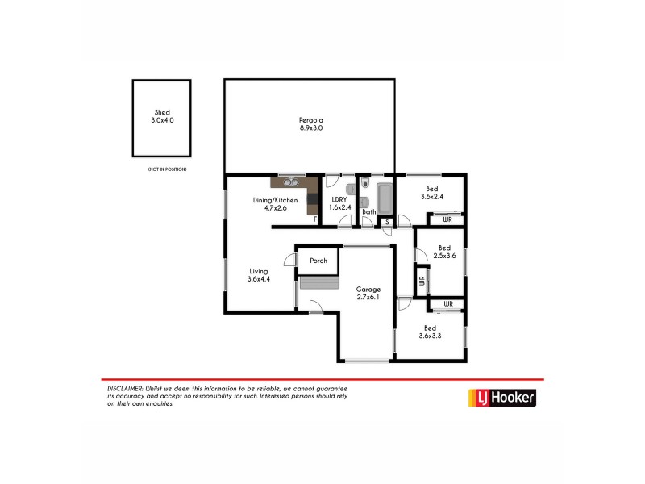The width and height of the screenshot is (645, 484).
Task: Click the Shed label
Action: point(162,116)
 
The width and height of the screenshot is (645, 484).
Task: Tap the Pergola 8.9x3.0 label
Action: point(310,123)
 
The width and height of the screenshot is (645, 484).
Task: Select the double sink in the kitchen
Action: point(289,181)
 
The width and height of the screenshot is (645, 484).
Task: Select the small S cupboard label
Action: point(387,221)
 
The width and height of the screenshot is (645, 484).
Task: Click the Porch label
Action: point(318,261)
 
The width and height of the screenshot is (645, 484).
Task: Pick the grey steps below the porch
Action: point(318,282)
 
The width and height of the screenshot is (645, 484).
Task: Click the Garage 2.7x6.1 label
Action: point(368,293)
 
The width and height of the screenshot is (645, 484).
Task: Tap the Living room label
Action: point(258,275)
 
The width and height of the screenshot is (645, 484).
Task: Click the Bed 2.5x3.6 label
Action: point(443,252)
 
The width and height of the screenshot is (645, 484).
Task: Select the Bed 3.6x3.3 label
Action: point(430,332)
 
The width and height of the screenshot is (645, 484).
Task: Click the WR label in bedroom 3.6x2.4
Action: point(446,219)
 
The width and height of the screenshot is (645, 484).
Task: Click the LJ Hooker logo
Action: point(501,397)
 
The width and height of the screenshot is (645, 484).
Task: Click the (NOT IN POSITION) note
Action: point(167,169)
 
